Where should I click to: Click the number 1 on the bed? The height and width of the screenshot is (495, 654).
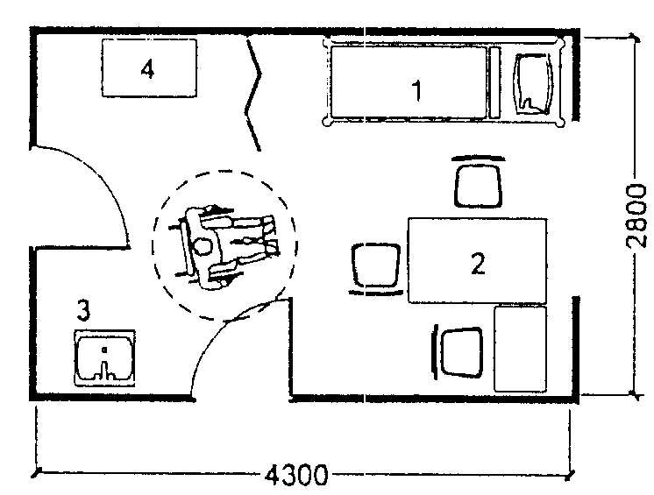click(x=417, y=89)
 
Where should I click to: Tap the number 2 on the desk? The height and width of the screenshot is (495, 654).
click(x=478, y=263)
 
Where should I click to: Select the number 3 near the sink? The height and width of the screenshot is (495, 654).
click(x=83, y=309)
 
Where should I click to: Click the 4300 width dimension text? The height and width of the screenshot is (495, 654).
click(x=295, y=476)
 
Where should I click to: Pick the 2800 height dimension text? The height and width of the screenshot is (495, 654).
click(x=637, y=217)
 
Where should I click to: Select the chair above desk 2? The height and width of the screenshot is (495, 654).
click(x=479, y=181)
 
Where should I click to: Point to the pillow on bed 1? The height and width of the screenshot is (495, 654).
click(x=531, y=83)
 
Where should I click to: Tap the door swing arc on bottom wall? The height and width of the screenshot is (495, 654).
click(x=224, y=337)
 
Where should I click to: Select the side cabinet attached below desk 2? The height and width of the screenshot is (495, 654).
click(x=520, y=349)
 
